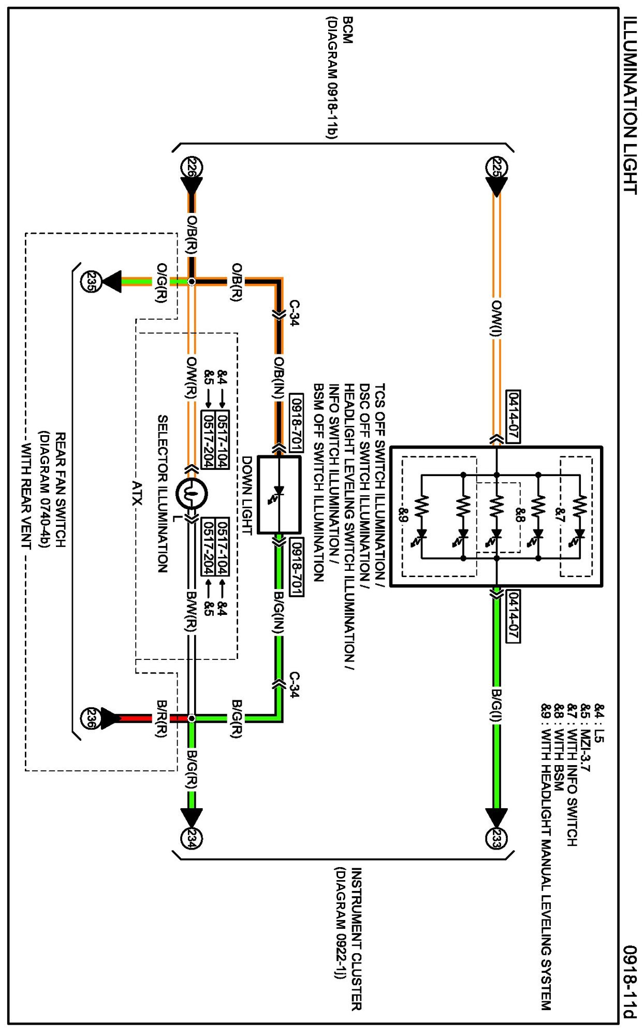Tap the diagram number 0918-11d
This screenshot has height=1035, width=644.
pos(630,982)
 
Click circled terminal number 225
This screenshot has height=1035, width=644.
pos(496,168)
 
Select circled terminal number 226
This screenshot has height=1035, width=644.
pos(191,168)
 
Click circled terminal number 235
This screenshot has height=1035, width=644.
pos(92,282)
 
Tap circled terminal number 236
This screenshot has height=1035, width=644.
pos(92,718)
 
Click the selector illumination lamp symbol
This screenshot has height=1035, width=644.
pos(192,494)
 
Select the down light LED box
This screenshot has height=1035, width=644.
pos(279,495)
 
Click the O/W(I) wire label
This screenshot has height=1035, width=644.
pos(496,318)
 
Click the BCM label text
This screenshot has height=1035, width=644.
pos(348,30)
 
